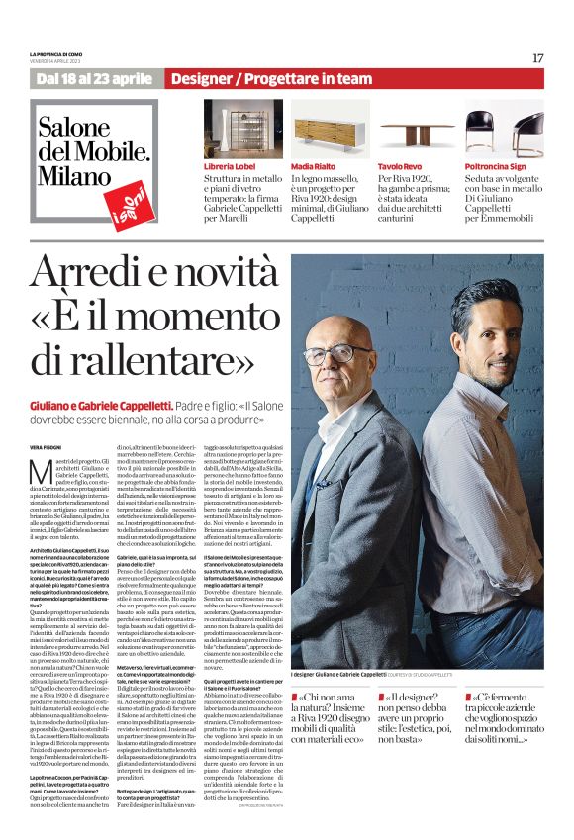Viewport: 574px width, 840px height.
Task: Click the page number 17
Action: pos(537,57)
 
